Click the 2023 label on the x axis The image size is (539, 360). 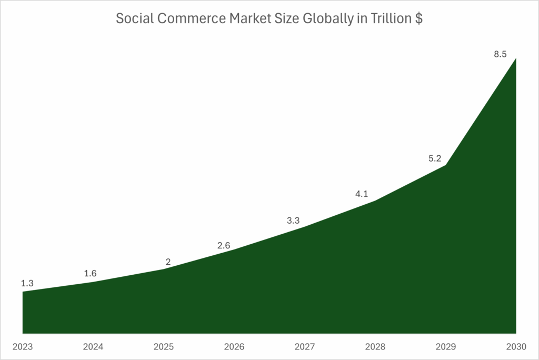coord(23,347)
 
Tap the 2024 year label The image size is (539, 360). coord(93,347)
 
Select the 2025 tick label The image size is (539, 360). coord(164,347)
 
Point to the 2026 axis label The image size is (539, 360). coord(234,347)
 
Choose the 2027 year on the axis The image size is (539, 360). coord(305,347)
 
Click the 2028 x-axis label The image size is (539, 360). coord(375,347)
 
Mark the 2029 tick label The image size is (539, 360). coord(446,347)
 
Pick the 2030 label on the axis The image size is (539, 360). coord(516,347)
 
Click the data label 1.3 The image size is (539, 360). coord(27,283)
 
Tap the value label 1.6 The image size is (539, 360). coord(90,273)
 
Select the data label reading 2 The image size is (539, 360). coord(168,262)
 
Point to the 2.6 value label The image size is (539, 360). coord(224,245)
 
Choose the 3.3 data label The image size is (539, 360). coord(293,221)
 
